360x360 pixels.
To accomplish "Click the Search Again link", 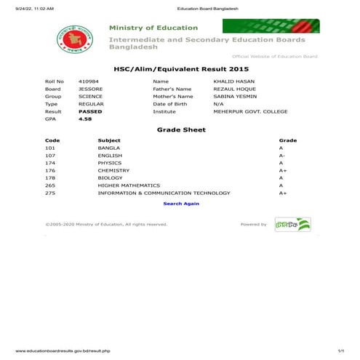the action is (x=181, y=204).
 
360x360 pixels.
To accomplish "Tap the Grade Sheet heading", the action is (x=181, y=129).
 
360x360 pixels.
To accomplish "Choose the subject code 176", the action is (x=50, y=170).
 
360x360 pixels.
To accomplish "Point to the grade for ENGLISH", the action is (x=282, y=155).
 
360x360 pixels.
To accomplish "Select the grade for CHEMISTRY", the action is (x=283, y=170).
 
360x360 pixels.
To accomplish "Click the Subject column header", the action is (x=109, y=140).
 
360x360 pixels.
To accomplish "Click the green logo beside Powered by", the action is (x=292, y=224).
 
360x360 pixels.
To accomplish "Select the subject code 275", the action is (x=50, y=193).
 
